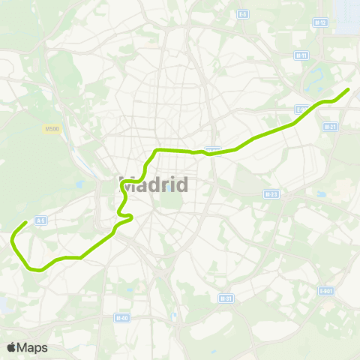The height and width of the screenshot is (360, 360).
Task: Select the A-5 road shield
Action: pos(41,220)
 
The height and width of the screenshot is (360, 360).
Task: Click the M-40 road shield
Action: pos(121,317)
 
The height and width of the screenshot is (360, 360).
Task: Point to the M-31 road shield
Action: pos(225,298)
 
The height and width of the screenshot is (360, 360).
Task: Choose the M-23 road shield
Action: pos(271,193)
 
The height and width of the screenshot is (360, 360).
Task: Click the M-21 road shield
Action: pos(328,127)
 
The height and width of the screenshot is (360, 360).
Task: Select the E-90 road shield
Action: pos(301,109)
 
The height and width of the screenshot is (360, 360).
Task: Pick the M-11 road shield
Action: pos(301,55)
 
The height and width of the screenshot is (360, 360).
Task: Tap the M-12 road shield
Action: pos(321,22)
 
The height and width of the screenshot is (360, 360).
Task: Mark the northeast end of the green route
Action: pos(349,89)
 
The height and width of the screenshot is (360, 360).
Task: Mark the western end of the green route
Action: pos(26,222)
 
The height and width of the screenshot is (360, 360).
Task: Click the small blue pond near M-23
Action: pos(321,194)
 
